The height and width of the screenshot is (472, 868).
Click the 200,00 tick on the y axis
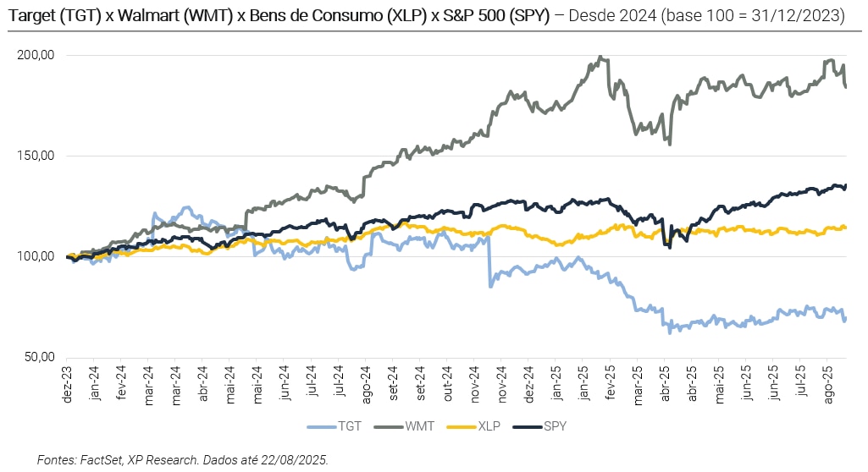pos(36,56)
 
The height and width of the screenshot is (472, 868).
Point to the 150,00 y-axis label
pos(36,156)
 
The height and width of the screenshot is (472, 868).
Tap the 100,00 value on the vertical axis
pos(36,257)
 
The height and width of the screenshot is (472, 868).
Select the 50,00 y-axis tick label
pos(39,358)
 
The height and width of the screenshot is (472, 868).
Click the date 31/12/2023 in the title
pos(802,16)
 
